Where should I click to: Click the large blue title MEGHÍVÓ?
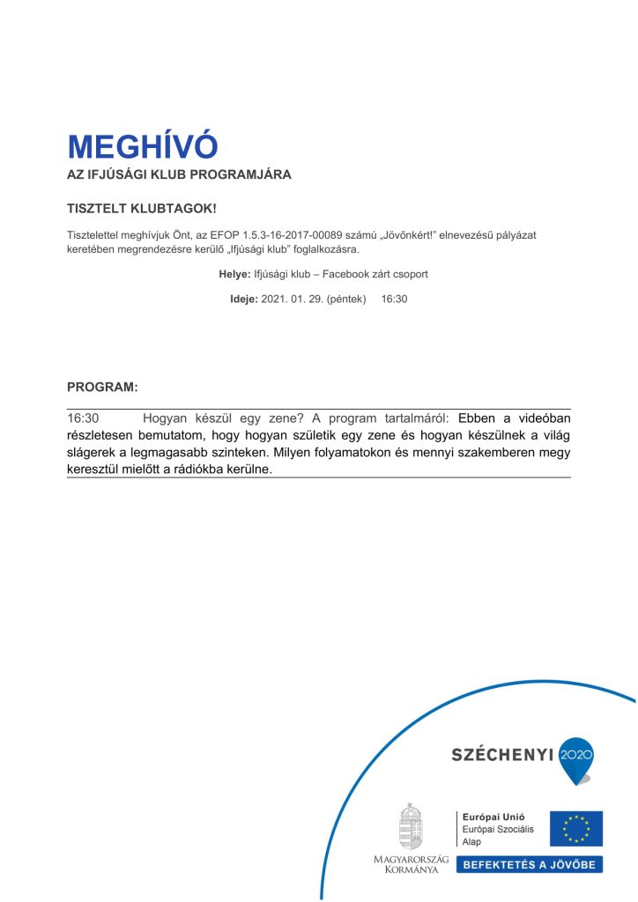coord(142,146)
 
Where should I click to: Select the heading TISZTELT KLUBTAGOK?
coord(142,210)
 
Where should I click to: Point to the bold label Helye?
coord(234,275)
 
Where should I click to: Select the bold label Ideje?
coord(244,299)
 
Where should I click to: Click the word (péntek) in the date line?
coord(345,299)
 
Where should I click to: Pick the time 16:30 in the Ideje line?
coord(394,299)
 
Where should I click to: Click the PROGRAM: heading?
coord(102,387)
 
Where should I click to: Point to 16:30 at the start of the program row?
coord(83,418)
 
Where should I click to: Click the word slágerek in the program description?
coord(92,453)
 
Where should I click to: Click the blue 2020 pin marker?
coord(577,758)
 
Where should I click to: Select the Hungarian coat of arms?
coord(411,825)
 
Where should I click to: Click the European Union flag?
coord(576,828)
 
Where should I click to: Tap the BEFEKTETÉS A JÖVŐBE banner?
coord(529,864)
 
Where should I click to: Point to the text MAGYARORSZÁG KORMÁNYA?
coord(411,864)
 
